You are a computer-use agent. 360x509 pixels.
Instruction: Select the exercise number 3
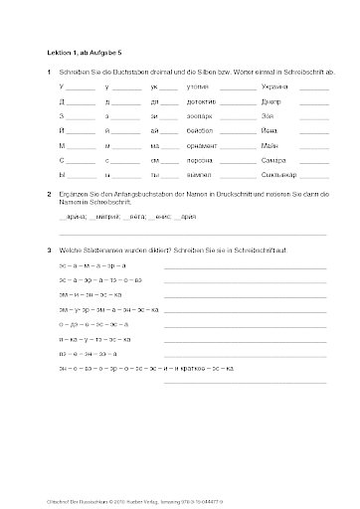(x=50, y=250)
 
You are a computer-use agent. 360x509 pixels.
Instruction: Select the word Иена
(x=270, y=131)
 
